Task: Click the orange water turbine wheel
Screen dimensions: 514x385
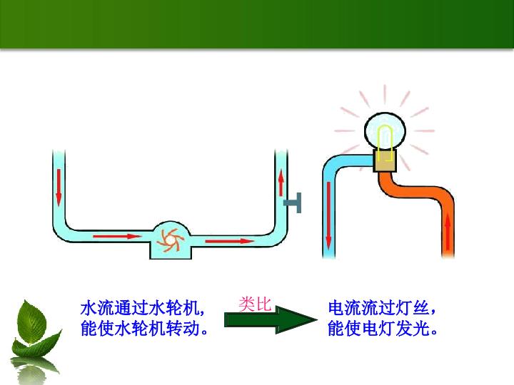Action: coord(170,240)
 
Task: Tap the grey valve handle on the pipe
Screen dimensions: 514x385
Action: coord(293,202)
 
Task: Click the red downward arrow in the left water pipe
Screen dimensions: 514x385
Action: coord(59,188)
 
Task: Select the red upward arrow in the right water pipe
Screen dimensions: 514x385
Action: coord(281,183)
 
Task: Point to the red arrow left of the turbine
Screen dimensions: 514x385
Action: coord(117,236)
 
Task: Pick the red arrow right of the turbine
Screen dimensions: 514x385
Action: coord(230,241)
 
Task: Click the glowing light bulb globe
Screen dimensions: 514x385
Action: coord(385,131)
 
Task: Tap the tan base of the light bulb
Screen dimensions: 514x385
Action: coord(385,160)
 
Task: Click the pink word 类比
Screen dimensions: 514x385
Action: coord(255,304)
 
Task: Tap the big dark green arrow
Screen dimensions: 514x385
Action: coord(271,320)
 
